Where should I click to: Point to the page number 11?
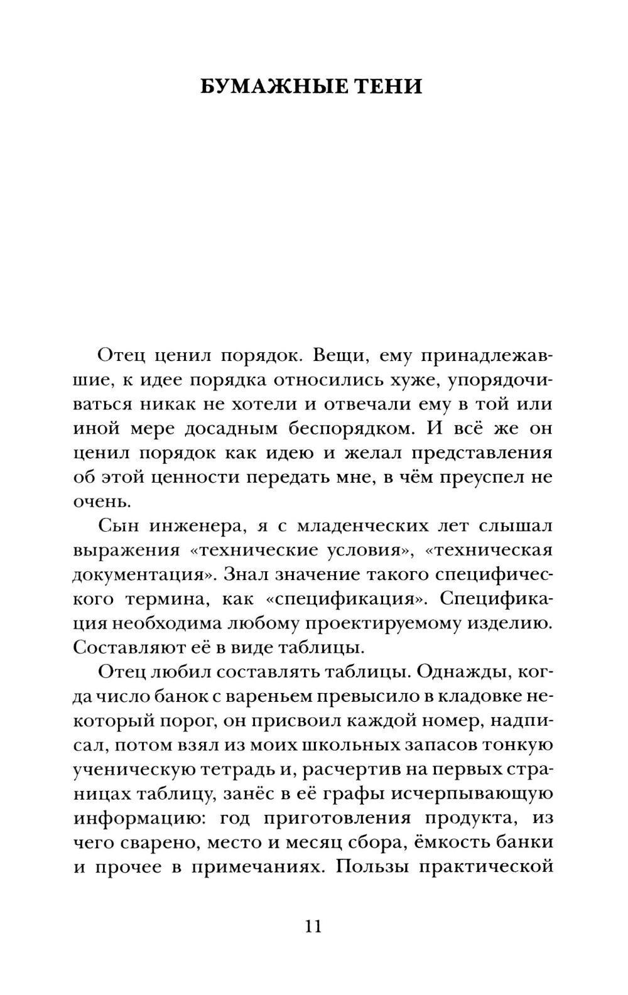point(313,926)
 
